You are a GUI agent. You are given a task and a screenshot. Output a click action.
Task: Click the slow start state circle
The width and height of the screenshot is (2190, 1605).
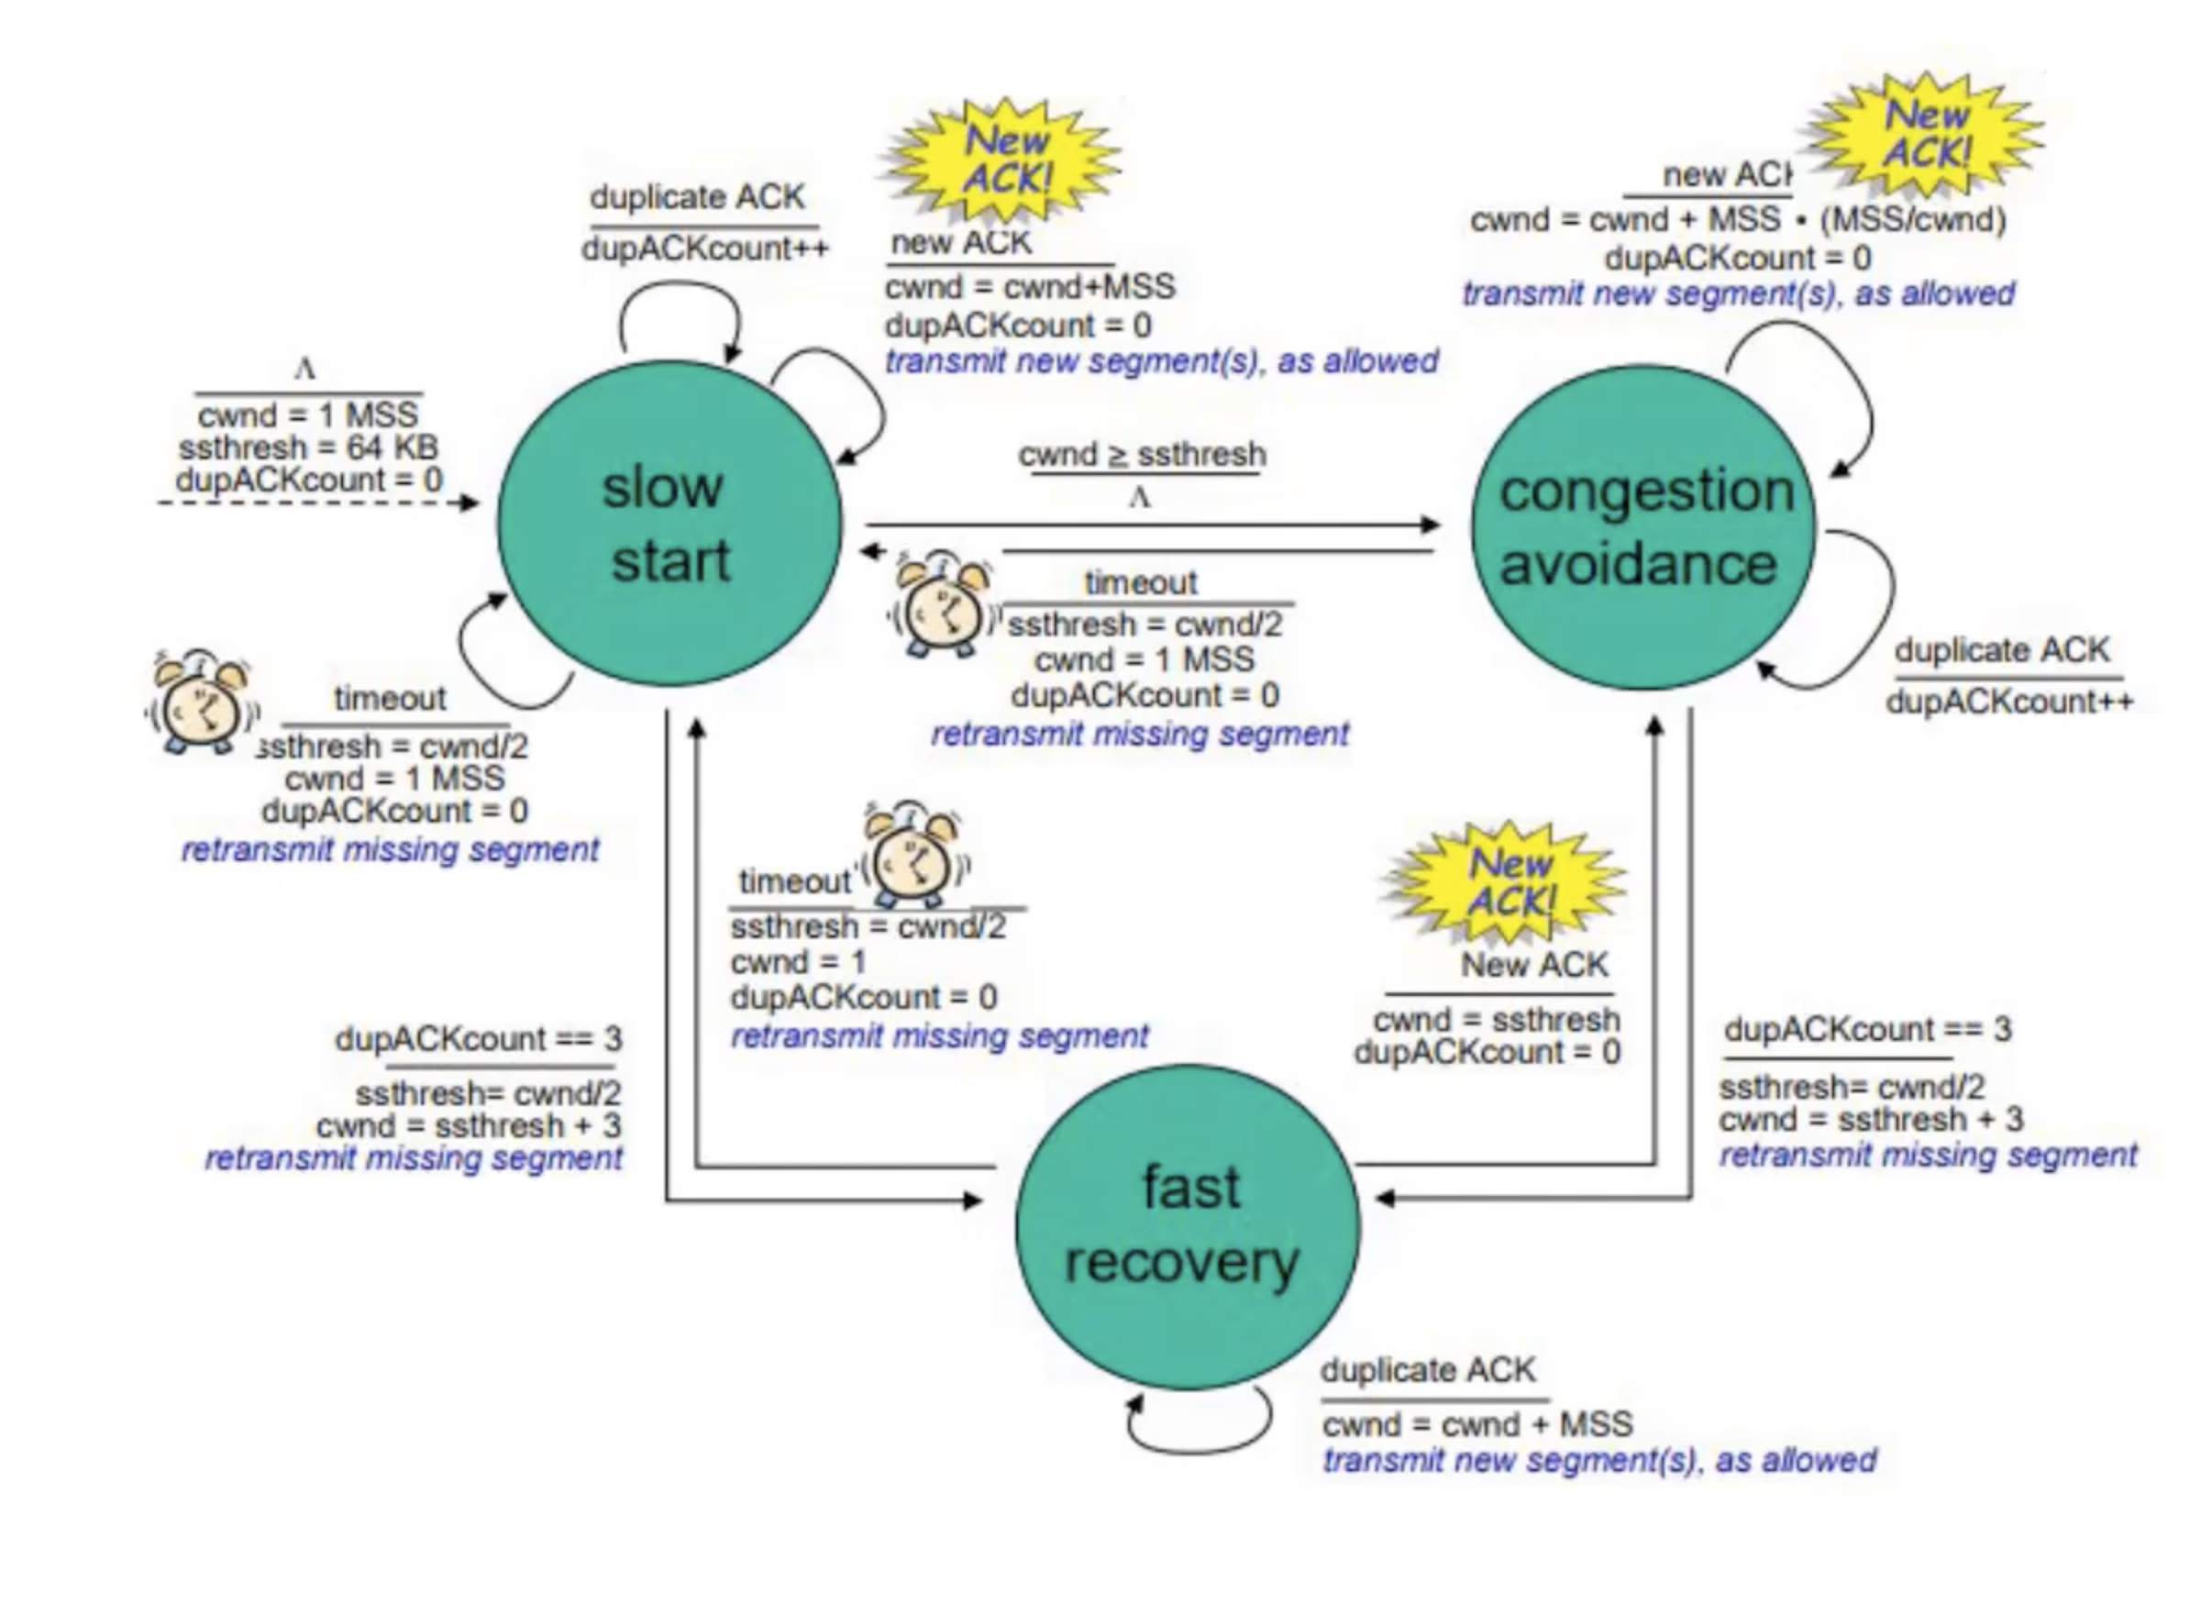[x=669, y=525]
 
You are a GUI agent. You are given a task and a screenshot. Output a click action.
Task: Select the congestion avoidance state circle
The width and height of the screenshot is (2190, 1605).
[x=1642, y=526]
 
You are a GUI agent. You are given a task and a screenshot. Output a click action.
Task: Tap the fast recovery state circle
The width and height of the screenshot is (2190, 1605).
[x=1187, y=1226]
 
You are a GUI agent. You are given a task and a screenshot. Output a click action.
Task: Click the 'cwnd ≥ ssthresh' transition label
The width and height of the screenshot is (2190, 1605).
[x=1142, y=455]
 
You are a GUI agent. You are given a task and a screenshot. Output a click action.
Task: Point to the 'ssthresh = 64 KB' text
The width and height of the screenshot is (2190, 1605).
[x=308, y=448]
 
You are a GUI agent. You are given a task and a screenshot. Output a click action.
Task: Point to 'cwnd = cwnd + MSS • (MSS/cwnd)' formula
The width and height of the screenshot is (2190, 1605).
[x=1737, y=219]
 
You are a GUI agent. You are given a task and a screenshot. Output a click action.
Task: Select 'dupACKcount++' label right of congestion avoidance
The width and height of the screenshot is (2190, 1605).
[x=2009, y=701]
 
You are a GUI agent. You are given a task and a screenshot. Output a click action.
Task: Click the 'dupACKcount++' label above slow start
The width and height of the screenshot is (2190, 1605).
[x=704, y=249]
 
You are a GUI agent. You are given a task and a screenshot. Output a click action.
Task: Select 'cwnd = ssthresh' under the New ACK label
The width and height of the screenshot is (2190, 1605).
[x=1497, y=1019]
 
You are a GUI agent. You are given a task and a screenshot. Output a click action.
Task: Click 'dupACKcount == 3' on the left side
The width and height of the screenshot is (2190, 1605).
[x=478, y=1038]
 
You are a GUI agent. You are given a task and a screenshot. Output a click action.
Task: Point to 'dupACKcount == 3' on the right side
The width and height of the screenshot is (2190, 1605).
[x=1866, y=1029]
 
